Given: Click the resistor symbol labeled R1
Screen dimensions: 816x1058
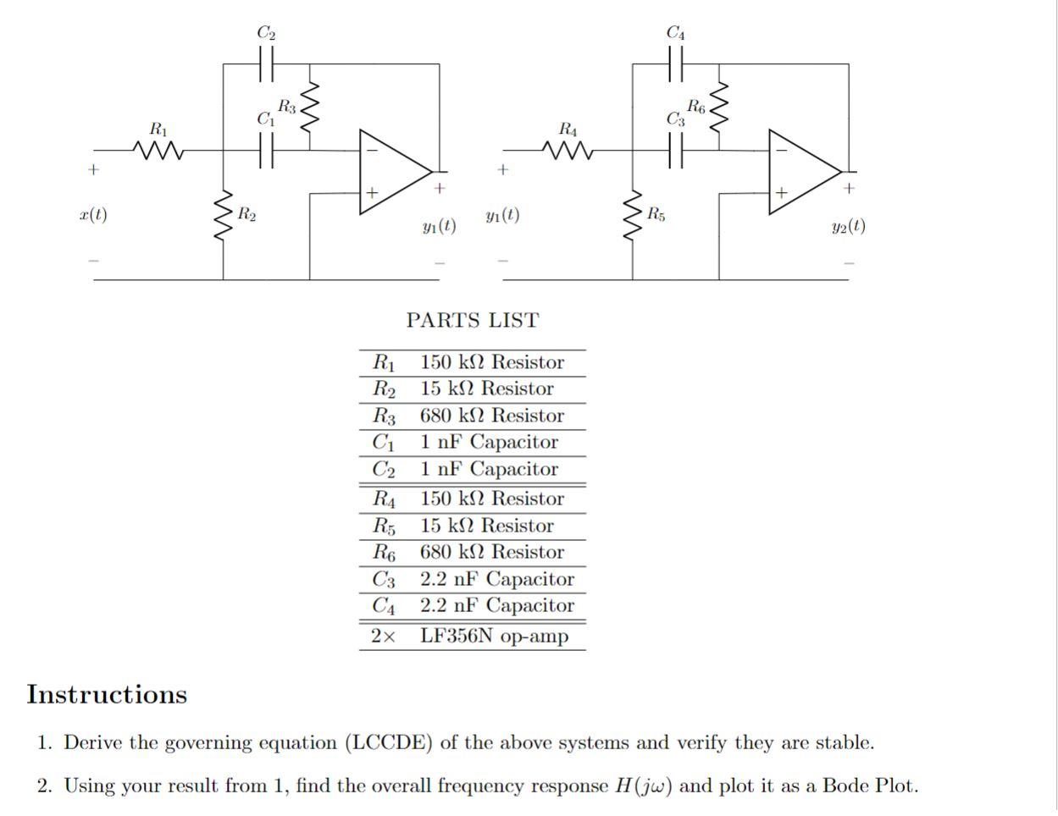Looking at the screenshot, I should click(x=158, y=151).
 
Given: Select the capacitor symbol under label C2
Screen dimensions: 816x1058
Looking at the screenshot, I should click(x=266, y=63).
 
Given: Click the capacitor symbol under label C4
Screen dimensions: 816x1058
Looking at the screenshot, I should click(x=675, y=63).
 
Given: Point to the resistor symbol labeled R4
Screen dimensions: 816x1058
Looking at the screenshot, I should click(x=568, y=151).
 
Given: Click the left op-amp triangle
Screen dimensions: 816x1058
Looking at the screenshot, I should click(x=394, y=173).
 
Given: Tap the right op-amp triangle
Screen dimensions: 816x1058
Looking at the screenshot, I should click(x=803, y=173).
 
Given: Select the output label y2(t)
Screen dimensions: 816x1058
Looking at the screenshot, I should click(x=848, y=226).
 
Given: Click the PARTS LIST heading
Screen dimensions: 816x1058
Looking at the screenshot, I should click(x=472, y=321).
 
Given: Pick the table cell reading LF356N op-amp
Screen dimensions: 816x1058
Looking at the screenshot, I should click(x=494, y=637).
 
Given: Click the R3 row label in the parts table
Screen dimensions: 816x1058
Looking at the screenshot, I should click(x=384, y=416).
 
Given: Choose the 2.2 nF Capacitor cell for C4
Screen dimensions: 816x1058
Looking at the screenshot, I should click(x=496, y=606).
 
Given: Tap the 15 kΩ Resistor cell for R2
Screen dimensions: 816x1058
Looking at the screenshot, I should click(x=486, y=389).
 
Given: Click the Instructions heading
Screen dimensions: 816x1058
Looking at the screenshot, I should click(x=107, y=695).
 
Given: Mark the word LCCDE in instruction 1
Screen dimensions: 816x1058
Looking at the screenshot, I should click(x=390, y=743).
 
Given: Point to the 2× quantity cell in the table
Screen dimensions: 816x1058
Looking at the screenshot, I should click(x=383, y=637).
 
